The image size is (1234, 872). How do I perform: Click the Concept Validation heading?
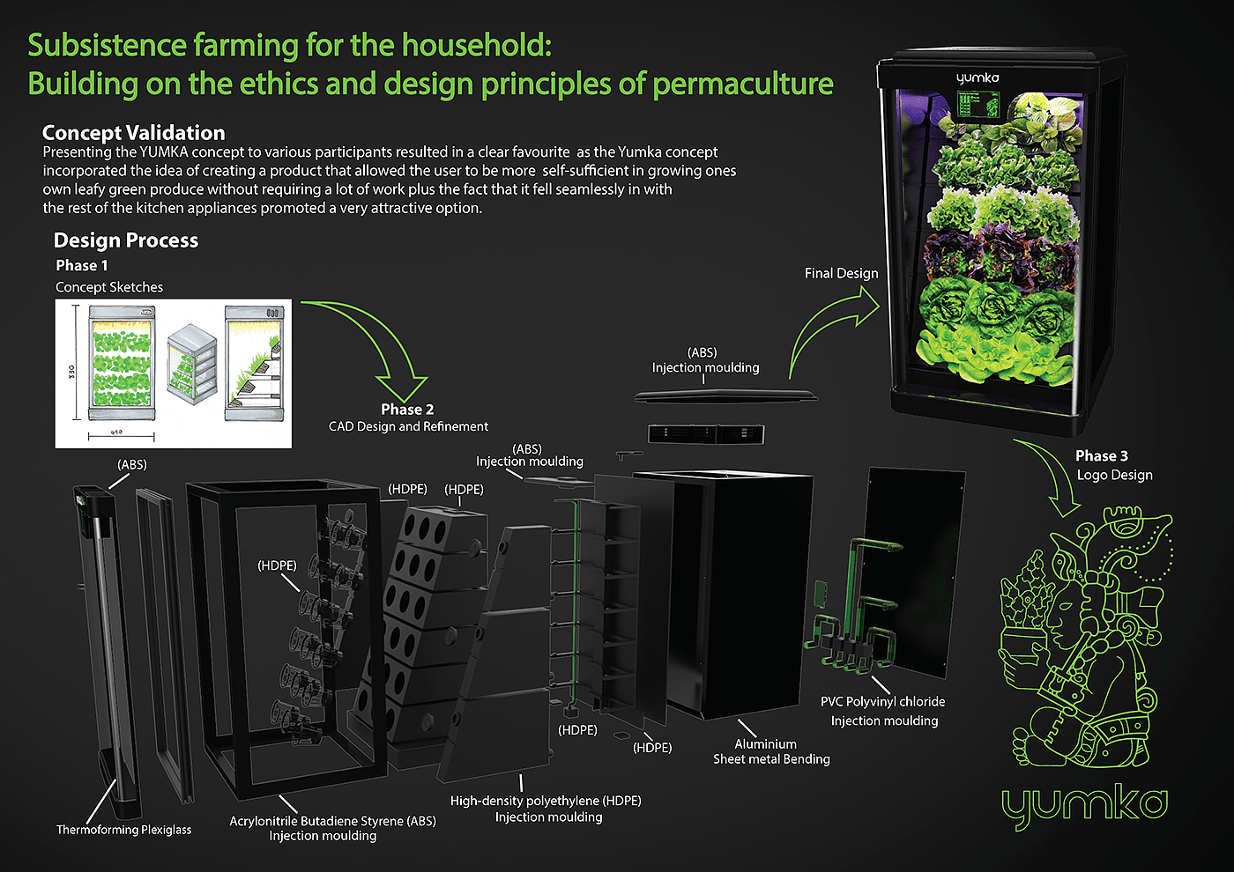click(x=133, y=133)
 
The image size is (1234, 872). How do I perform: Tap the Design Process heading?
click(x=125, y=240)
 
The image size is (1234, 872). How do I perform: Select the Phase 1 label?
click(x=81, y=265)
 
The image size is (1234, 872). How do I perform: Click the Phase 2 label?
click(x=407, y=410)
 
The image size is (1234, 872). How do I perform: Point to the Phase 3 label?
click(x=1101, y=456)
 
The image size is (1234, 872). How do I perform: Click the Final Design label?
click(x=841, y=274)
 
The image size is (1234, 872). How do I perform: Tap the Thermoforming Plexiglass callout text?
click(x=123, y=830)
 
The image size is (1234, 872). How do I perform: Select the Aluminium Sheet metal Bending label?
click(x=771, y=751)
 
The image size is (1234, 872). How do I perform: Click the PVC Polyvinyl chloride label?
click(x=882, y=702)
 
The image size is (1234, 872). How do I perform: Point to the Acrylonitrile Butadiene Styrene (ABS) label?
click(x=333, y=821)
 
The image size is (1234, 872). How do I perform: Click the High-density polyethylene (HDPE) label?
click(x=546, y=801)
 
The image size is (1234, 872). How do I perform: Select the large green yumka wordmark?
click(x=1084, y=806)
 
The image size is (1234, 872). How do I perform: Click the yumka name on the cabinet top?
click(x=978, y=78)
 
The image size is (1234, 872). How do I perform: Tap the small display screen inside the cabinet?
click(x=978, y=105)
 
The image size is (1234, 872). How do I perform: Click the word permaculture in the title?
click(x=742, y=85)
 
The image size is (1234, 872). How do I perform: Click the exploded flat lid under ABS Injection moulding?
click(x=725, y=395)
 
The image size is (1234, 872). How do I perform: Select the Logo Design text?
click(x=1114, y=475)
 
